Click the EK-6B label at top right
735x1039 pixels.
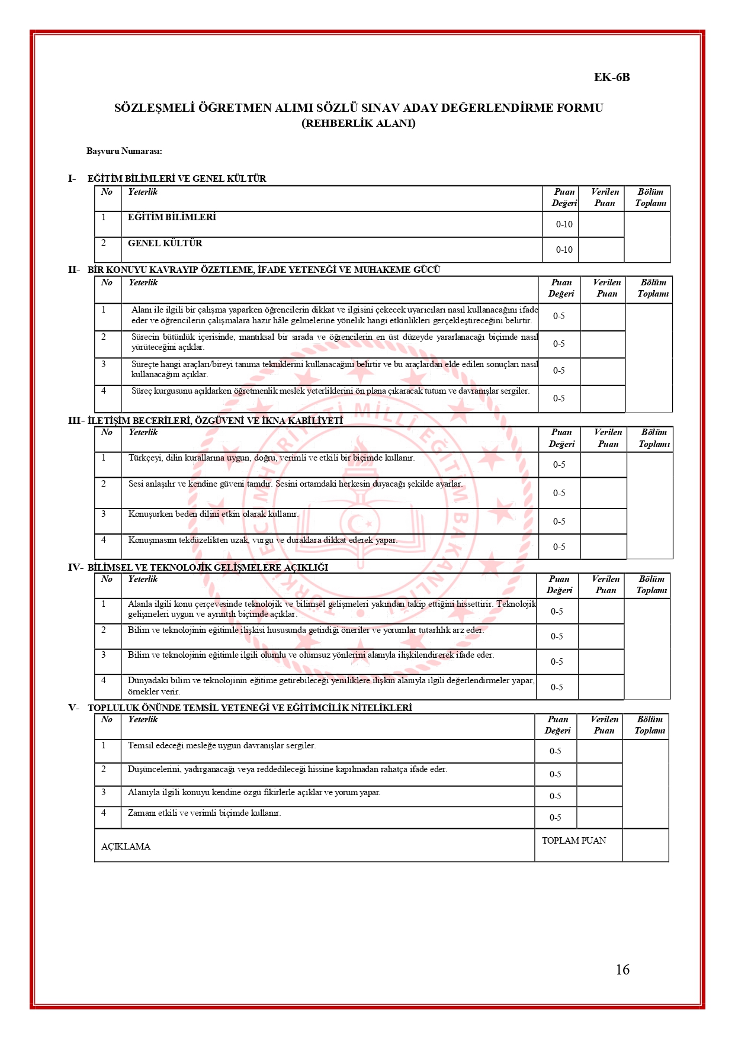coord(612,78)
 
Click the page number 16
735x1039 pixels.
coord(622,969)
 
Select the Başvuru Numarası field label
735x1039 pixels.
coord(124,151)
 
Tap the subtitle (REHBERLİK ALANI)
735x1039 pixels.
coord(358,123)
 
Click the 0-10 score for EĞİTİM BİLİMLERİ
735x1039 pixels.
coord(564,224)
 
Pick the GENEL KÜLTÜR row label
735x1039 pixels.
coord(165,243)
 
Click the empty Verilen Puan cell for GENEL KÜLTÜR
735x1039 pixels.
coord(601,250)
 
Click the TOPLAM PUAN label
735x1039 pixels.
coord(573,840)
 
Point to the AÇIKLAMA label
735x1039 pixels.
coord(126,847)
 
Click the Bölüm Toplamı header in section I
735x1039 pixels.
coord(650,198)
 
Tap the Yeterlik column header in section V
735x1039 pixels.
coord(143,719)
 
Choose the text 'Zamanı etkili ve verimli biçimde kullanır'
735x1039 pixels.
coord(204,813)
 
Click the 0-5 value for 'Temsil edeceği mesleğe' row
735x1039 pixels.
coord(555,751)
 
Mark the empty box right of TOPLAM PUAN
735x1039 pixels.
coord(646,845)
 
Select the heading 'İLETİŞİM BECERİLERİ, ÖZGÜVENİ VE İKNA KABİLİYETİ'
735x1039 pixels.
coord(215,420)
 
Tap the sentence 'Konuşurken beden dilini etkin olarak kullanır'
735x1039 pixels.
coord(213,514)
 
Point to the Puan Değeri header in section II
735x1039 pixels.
coord(561,288)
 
